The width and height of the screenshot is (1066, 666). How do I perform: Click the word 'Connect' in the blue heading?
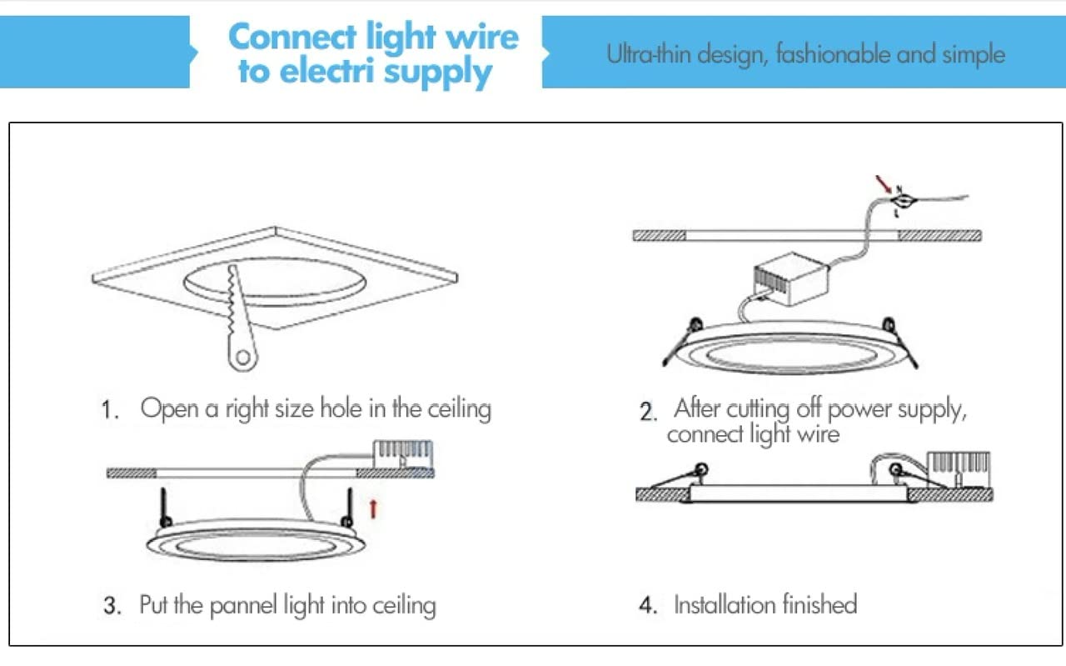[292, 38]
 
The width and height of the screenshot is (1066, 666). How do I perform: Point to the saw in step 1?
[236, 317]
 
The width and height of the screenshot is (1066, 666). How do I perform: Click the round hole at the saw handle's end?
[242, 358]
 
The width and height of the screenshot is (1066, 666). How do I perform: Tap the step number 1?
[110, 410]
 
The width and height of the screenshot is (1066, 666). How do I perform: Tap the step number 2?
[648, 412]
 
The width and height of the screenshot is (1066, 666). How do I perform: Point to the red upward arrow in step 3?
[373, 507]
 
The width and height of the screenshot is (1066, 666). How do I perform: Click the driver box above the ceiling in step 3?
[403, 454]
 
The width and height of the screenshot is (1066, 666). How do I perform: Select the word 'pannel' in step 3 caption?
[243, 604]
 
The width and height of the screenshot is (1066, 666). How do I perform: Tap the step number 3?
[112, 606]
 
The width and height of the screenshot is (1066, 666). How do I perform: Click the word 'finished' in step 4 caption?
[819, 604]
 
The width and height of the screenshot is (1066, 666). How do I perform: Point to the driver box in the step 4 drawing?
[959, 468]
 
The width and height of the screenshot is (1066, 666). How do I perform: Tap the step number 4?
[648, 606]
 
